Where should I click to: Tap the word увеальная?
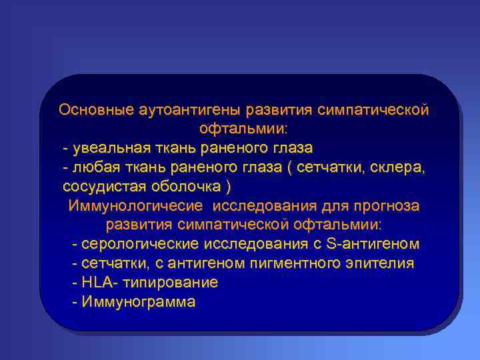tap(107, 147)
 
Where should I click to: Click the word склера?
tap(402, 166)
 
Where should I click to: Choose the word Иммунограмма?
tap(138, 302)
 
